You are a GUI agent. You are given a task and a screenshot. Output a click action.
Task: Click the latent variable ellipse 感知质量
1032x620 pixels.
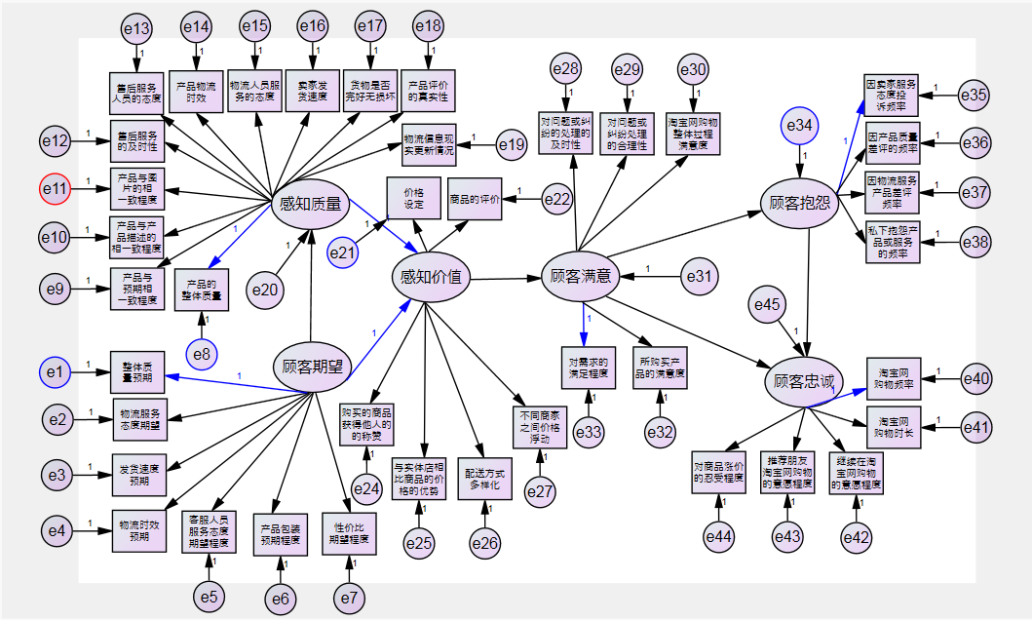310,204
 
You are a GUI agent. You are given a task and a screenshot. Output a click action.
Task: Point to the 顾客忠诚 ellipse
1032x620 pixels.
803,380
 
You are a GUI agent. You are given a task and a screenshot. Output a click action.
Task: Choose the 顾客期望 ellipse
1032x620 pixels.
312,368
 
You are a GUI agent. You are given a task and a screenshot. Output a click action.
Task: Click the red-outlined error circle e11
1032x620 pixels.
57,187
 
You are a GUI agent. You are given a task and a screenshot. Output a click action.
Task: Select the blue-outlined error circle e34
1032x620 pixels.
800,125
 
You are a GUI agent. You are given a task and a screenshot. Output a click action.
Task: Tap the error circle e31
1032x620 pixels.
700,277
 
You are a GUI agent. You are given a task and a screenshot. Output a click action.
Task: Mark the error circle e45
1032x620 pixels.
768,305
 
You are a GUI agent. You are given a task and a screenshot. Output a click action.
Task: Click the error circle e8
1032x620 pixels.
201,352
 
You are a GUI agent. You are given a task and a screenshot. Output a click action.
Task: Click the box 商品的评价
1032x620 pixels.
475,200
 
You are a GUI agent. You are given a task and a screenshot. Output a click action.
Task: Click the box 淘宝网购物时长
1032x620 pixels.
894,426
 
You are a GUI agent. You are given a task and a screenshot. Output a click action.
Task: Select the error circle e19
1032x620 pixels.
513,145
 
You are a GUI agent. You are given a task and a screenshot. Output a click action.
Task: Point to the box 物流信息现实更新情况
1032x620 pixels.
428,143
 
